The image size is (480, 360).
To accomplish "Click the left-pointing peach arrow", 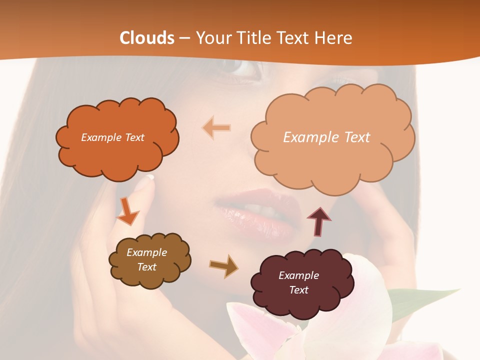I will [216, 128].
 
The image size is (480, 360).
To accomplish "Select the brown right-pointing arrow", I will [223, 265].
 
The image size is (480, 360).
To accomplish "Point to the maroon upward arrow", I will [319, 221].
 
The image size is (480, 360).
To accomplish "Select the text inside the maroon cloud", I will [298, 282].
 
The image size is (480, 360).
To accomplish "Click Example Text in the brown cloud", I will [146, 259].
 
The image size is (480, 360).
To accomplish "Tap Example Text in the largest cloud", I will [326, 137].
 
